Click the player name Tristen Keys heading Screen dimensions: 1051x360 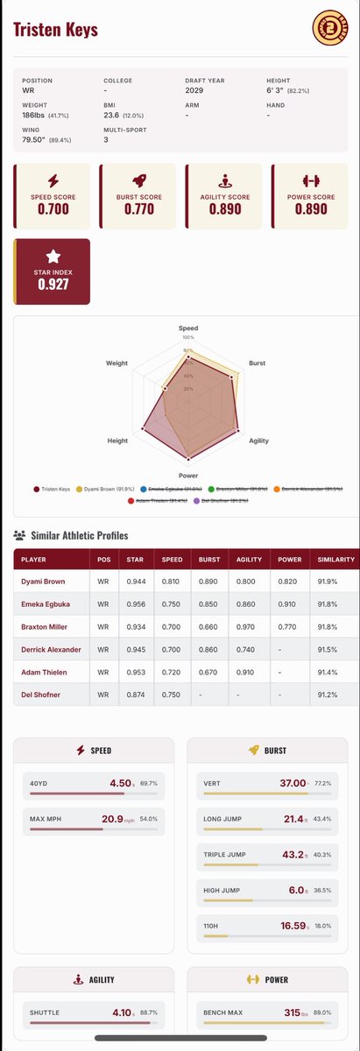click(x=55, y=31)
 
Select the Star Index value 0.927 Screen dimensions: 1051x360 click(x=53, y=286)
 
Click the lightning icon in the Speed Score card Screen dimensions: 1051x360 click(x=53, y=181)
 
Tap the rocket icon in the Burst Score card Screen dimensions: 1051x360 click(x=138, y=181)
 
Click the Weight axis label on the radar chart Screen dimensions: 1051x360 click(x=116, y=363)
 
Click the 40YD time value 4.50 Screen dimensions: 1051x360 click(x=119, y=783)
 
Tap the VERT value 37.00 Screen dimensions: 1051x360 click(x=293, y=783)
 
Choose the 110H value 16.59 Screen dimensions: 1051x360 click(x=294, y=922)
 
